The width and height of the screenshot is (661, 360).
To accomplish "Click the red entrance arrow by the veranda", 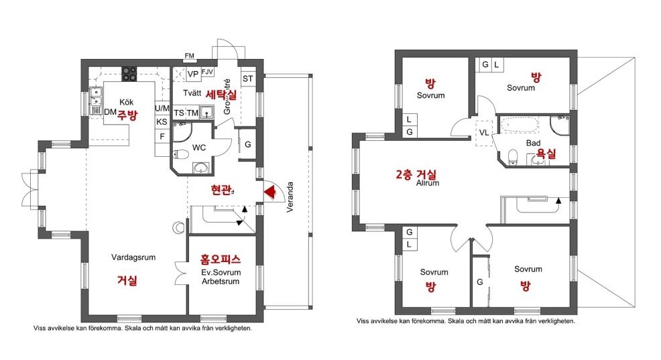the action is click(x=269, y=192).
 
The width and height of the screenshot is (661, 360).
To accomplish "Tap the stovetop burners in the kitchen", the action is click(x=129, y=74).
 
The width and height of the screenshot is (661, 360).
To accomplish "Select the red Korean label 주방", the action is click(x=127, y=115).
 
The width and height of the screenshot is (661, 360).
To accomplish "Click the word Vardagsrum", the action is click(x=133, y=257).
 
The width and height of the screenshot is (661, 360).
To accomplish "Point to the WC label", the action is click(x=199, y=147).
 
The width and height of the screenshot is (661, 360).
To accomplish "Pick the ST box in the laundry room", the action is click(x=248, y=79).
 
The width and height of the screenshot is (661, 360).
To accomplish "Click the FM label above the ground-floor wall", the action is click(x=189, y=56).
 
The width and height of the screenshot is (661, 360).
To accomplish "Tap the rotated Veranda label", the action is click(x=290, y=197).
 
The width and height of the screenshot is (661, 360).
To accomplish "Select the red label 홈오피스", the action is click(x=221, y=259).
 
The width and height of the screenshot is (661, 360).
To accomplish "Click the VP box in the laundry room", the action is click(x=192, y=74).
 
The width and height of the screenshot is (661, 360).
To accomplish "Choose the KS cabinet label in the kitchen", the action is click(x=162, y=122).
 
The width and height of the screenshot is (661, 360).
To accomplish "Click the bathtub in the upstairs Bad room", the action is click(x=520, y=125).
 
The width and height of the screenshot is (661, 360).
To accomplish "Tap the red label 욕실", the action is click(x=546, y=153).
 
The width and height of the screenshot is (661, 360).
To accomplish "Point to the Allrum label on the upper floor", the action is click(x=428, y=183).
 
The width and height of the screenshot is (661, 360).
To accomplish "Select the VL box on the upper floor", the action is click(x=484, y=133).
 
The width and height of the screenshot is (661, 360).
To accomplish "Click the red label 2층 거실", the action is click(x=416, y=174).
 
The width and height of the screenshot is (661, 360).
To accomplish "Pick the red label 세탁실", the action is click(x=221, y=95).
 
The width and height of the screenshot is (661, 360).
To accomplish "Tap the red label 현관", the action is click(x=221, y=190).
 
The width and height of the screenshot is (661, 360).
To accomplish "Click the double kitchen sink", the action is click(x=96, y=97).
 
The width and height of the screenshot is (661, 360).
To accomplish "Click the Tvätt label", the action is click(x=192, y=93).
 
